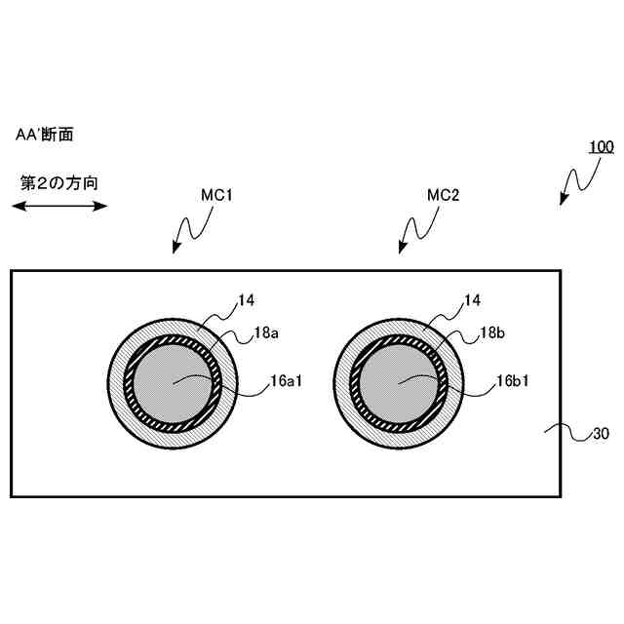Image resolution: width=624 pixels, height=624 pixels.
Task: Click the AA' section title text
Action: click(x=45, y=135)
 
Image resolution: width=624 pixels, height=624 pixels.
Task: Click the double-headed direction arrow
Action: click(x=59, y=205)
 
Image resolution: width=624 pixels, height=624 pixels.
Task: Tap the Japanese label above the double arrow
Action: click(x=58, y=182)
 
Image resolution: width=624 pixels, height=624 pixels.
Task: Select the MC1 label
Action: click(x=215, y=195)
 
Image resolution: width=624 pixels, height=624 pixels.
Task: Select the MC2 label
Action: click(x=444, y=195)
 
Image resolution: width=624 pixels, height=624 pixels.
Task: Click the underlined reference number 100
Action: click(x=600, y=148)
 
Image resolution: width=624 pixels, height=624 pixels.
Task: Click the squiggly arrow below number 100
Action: click(x=577, y=179)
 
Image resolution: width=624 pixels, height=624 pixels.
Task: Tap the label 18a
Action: click(x=265, y=333)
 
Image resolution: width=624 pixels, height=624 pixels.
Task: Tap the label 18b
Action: click(x=492, y=333)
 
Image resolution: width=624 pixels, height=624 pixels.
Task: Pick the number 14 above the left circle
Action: click(x=245, y=302)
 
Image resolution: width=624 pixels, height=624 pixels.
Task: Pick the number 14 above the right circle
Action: click(x=472, y=302)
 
